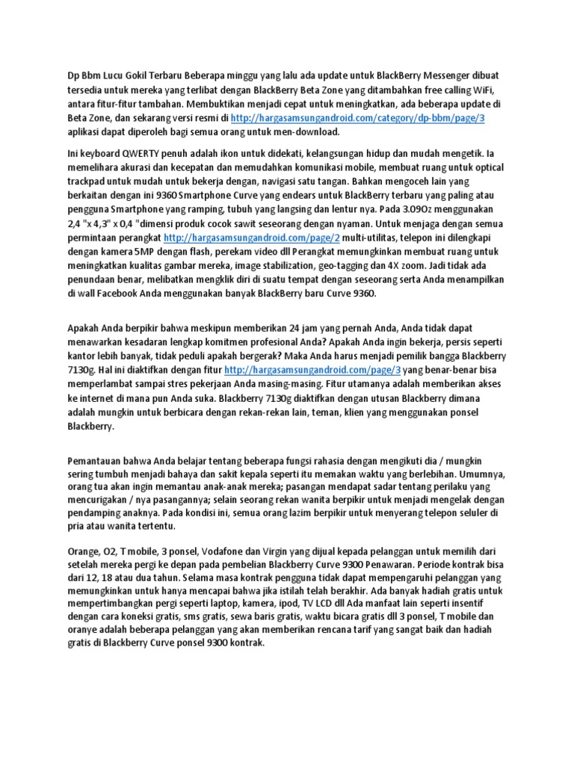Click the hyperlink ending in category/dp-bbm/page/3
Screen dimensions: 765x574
point(358,118)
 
